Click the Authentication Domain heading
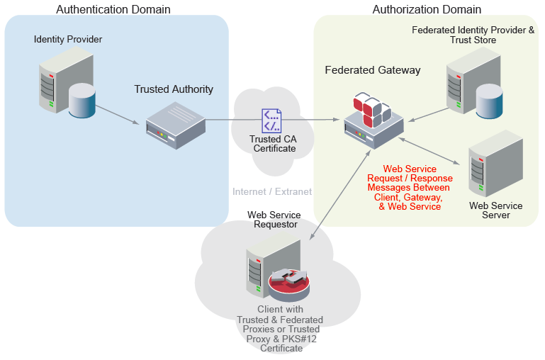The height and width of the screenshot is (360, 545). click(113, 9)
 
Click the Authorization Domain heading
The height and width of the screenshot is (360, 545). click(427, 9)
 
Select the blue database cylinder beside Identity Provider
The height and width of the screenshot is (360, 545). click(82, 100)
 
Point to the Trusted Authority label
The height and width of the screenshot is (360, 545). click(174, 89)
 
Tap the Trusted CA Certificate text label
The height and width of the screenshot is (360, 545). click(273, 143)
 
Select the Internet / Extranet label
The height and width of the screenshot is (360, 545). click(272, 191)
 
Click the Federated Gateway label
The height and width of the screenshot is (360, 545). click(373, 70)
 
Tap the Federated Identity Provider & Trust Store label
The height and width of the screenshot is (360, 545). click(473, 35)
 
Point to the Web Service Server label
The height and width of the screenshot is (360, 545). click(496, 210)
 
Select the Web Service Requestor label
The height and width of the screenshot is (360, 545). click(274, 220)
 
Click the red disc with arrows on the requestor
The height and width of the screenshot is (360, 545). click(289, 283)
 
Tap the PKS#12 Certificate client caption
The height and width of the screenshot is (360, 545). click(279, 329)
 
